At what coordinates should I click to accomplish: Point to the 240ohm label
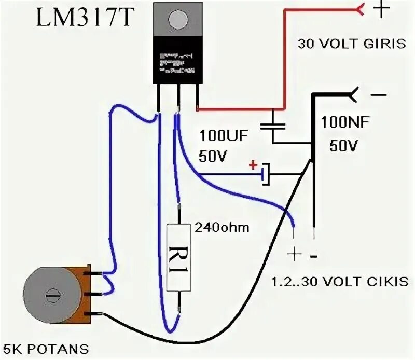pos(222,227)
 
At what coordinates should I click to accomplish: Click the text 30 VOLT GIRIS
pos(352,44)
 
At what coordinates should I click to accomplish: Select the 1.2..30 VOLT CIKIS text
pos(340,282)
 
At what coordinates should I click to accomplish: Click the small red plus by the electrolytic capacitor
pos(253,165)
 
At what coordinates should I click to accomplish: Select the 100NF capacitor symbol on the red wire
pos(273,124)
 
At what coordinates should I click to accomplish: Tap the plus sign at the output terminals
pos(294,254)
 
